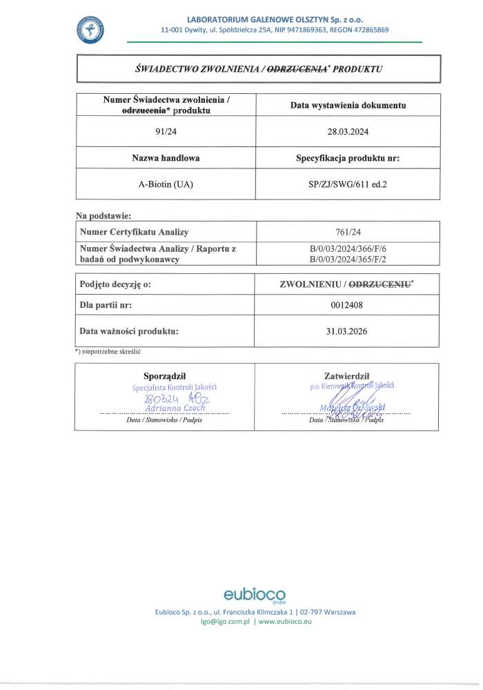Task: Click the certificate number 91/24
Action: click(x=166, y=131)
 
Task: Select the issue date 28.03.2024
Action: click(x=347, y=131)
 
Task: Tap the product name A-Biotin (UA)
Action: click(x=166, y=184)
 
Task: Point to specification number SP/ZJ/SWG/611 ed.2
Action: click(x=347, y=184)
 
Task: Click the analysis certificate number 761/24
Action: click(x=347, y=232)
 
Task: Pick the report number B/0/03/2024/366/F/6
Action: click(x=347, y=248)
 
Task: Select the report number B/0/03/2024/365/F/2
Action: click(x=347, y=259)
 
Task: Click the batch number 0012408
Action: click(x=347, y=304)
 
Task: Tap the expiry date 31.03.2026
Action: click(x=347, y=331)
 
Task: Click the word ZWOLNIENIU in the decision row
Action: click(x=313, y=284)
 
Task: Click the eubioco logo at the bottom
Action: click(x=254, y=595)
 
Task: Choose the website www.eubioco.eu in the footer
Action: click(x=286, y=622)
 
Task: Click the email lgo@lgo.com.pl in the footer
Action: click(x=224, y=622)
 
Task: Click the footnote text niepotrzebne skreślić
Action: click(x=112, y=351)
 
